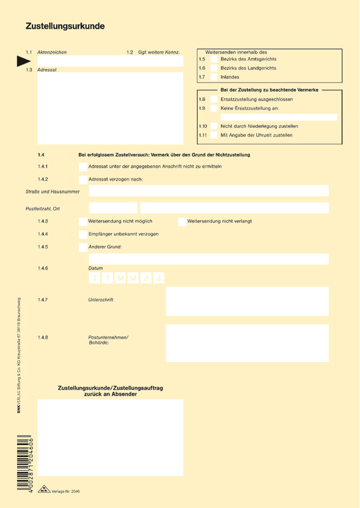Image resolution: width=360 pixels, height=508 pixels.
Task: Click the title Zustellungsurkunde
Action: pos(65,26)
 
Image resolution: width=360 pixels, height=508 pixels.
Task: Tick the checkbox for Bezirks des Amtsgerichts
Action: pos(214,59)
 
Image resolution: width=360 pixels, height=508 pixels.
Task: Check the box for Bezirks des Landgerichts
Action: pos(214,68)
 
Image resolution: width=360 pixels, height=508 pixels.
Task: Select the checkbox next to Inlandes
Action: pos(214,77)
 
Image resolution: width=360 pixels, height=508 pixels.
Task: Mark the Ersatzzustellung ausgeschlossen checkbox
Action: pos(214,99)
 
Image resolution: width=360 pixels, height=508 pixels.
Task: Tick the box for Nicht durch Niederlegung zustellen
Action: pos(214,126)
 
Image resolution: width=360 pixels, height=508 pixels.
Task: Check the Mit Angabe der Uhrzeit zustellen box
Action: pos(214,135)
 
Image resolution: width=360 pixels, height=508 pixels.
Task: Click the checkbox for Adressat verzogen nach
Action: pos(82,179)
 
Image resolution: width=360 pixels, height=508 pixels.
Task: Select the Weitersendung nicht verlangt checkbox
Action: pos(182,221)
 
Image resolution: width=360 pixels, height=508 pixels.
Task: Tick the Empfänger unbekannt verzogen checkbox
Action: pos(82,234)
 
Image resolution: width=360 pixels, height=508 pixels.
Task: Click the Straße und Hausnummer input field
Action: pos(208,191)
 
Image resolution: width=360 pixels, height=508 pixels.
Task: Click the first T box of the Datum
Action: pos(95,278)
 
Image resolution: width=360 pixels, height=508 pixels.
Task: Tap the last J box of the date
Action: pos(159,278)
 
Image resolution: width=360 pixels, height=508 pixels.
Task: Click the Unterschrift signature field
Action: pos(247,301)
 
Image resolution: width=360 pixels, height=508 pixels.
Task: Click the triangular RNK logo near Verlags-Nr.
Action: pos(44,490)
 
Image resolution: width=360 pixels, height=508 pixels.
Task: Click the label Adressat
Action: pos(47,70)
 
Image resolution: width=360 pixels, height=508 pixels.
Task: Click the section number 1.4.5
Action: pos(43,247)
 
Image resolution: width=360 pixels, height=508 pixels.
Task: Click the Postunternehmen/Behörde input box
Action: pos(247,343)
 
